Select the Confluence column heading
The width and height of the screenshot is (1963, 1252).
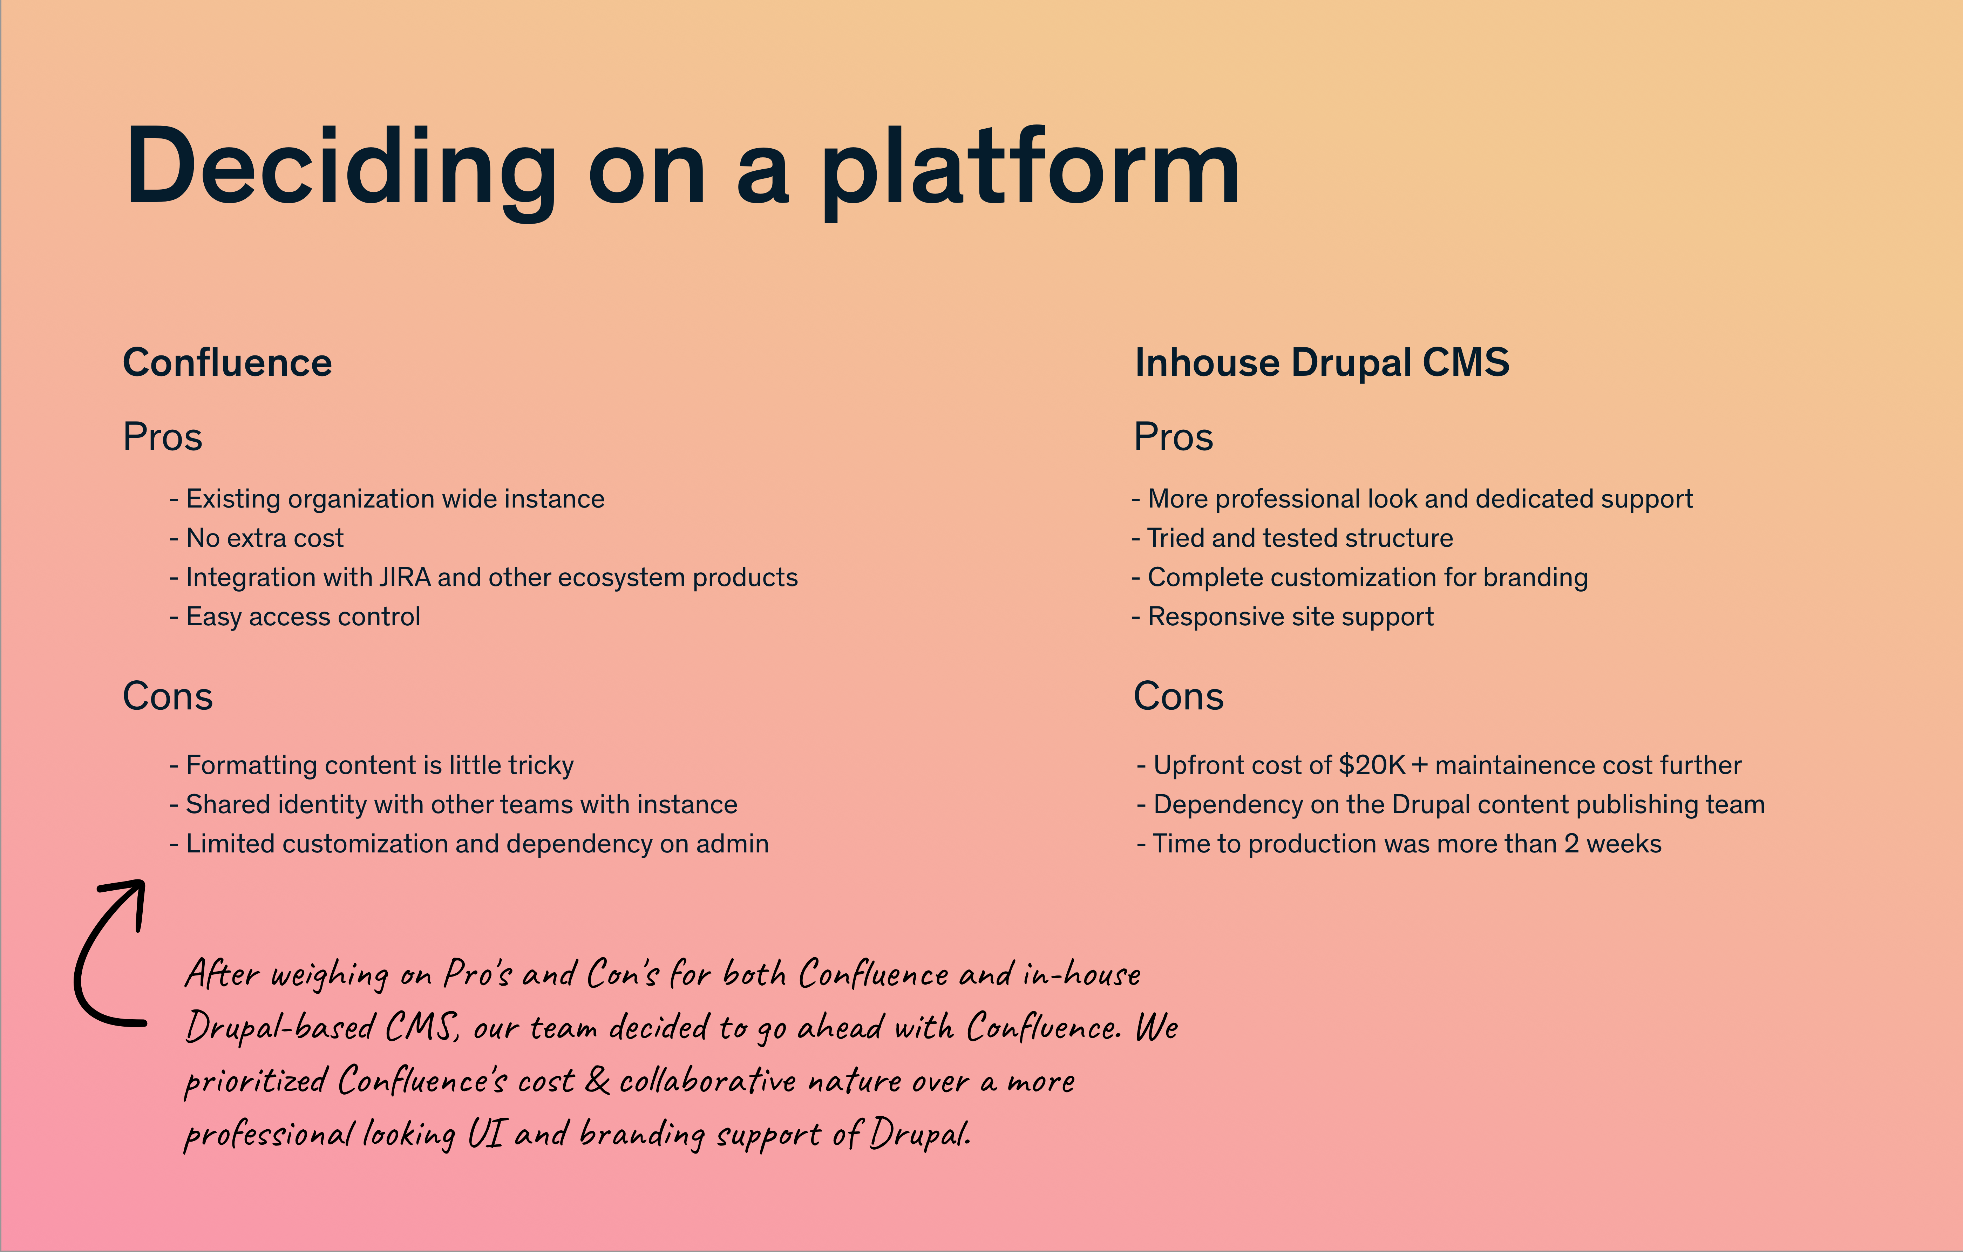point(227,363)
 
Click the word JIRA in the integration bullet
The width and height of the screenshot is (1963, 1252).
point(404,578)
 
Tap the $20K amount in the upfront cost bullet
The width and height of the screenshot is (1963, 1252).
point(1372,766)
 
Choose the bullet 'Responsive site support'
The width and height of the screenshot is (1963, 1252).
point(1282,617)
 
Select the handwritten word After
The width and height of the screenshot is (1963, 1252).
point(222,974)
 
